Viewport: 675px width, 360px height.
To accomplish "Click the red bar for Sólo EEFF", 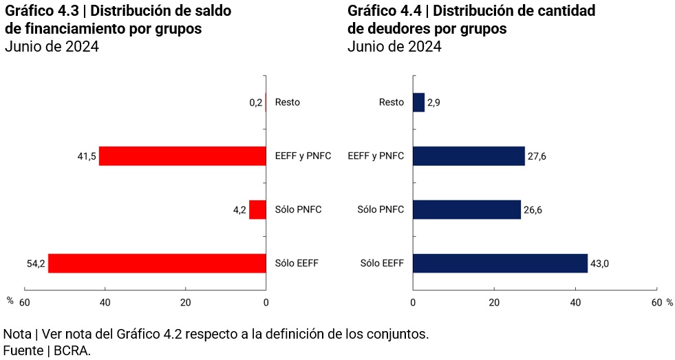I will pyautogui.click(x=157, y=263).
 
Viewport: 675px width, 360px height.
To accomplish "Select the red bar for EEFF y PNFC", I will pyautogui.click(x=182, y=156).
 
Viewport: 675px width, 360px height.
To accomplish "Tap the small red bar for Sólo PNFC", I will pyautogui.click(x=257, y=209).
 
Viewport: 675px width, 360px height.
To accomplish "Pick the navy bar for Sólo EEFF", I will pyautogui.click(x=500, y=263).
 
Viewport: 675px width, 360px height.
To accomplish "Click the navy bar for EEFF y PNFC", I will pyautogui.click(x=469, y=156).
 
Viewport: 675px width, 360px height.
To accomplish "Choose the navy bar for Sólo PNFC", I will pyautogui.click(x=467, y=209).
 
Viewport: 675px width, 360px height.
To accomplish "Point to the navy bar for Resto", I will pyautogui.click(x=418, y=103).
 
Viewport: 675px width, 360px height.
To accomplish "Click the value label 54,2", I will pyautogui.click(x=35, y=263).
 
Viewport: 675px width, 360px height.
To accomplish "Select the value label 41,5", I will pyautogui.click(x=86, y=156).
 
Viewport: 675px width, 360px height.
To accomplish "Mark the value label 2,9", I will pyautogui.click(x=433, y=103).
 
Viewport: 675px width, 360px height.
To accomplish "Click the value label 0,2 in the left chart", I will pyautogui.click(x=255, y=103).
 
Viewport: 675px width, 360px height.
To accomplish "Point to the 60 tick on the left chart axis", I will pyautogui.click(x=25, y=302).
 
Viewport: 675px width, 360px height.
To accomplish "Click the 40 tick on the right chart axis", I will pyautogui.click(x=575, y=302).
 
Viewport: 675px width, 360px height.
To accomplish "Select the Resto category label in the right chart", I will pyautogui.click(x=391, y=103).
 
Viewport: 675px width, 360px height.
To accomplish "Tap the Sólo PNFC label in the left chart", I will pyautogui.click(x=298, y=209).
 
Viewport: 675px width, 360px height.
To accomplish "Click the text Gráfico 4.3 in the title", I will pyautogui.click(x=44, y=11).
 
